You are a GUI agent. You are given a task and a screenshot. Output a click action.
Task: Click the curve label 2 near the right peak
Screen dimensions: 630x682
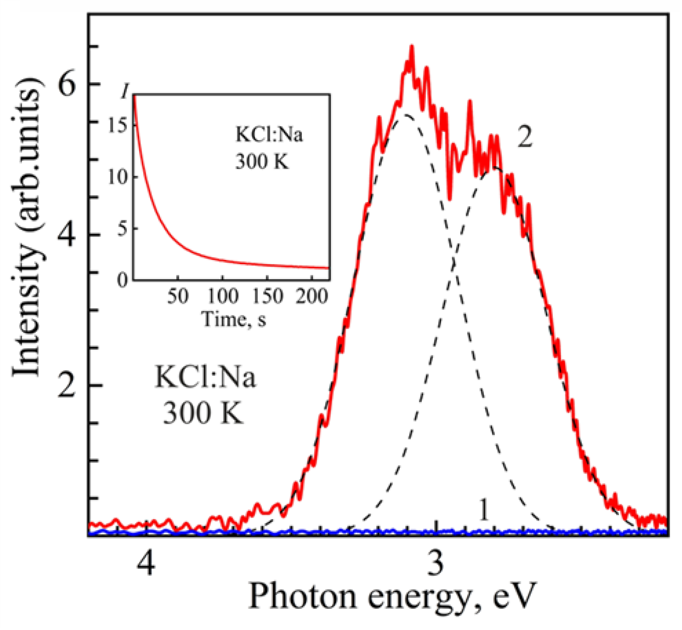[525, 137]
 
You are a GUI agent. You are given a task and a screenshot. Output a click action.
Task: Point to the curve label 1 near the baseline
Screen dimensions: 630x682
[484, 510]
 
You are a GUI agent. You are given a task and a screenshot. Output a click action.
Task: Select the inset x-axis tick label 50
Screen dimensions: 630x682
[178, 297]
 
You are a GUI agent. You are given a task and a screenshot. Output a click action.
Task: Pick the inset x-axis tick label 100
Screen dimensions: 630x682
[223, 297]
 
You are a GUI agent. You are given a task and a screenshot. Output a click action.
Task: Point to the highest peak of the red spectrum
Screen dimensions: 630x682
[412, 47]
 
